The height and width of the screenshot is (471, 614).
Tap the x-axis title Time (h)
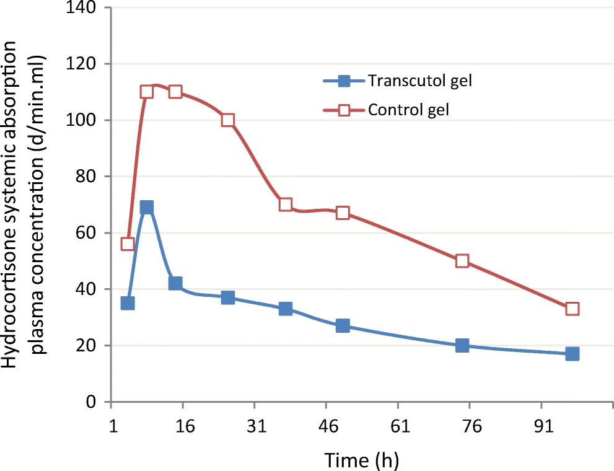click(362, 459)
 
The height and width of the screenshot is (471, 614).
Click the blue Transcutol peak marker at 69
click(147, 207)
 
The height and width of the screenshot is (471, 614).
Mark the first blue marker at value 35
click(128, 303)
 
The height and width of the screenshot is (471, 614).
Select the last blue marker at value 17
click(572, 354)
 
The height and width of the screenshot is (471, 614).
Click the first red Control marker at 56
click(128, 244)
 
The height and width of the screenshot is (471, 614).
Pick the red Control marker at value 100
click(228, 120)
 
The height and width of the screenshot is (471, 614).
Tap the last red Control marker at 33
click(572, 309)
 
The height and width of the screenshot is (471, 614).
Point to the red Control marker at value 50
click(462, 261)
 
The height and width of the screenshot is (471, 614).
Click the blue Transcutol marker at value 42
click(175, 283)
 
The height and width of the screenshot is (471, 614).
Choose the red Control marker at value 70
click(286, 205)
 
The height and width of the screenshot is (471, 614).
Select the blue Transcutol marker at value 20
click(462, 345)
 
